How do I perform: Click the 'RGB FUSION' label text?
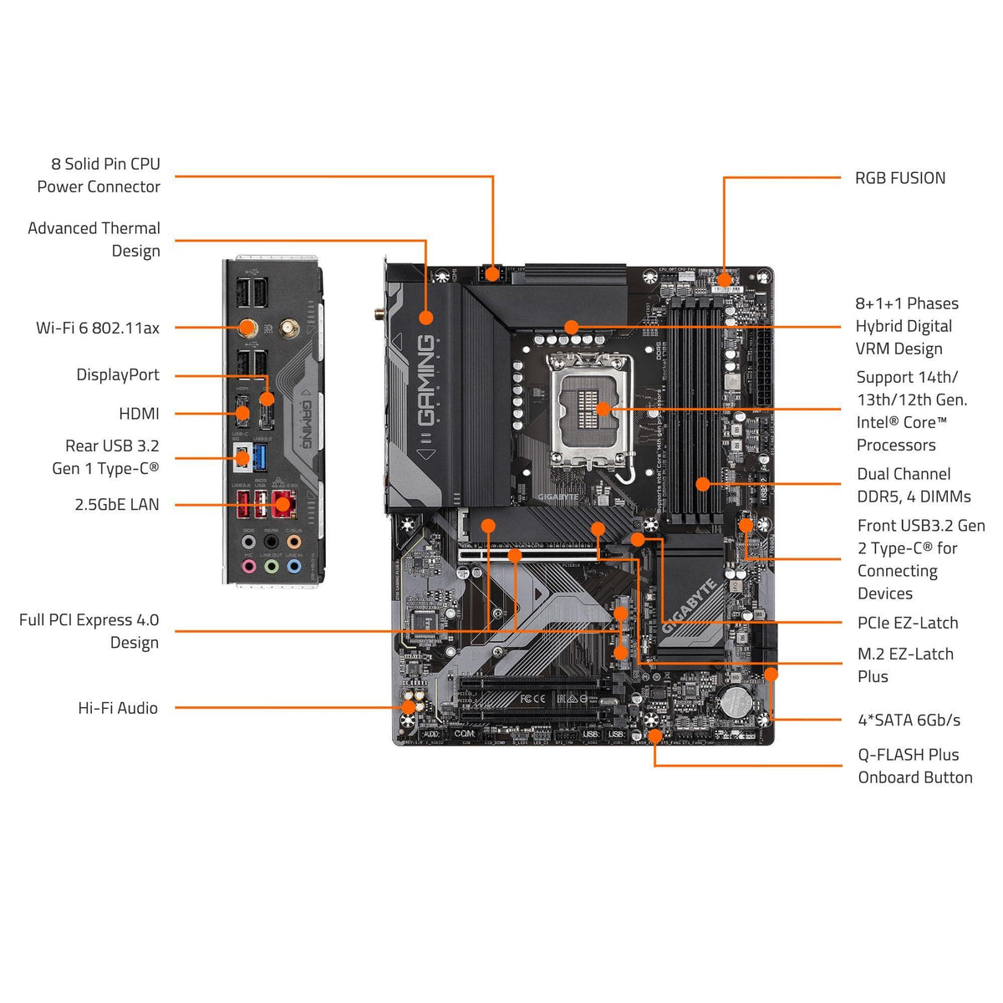point(899,178)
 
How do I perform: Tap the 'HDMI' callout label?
point(139,414)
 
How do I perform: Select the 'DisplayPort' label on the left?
point(118,375)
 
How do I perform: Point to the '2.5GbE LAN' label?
point(116,505)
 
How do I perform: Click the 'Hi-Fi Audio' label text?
point(118,708)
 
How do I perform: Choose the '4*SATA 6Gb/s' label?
point(909,720)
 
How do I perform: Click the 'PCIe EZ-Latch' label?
point(908,623)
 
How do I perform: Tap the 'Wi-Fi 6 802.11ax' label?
point(98,328)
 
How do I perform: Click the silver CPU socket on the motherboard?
point(589,410)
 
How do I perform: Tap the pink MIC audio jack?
point(248,566)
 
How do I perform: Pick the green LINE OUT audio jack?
point(271,566)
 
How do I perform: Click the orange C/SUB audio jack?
point(293,542)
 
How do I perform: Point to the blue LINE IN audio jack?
point(293,566)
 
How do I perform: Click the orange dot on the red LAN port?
point(283,504)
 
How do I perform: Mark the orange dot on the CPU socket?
point(603,409)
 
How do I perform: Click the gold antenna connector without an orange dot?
point(288,328)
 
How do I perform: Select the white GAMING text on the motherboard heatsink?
point(425,380)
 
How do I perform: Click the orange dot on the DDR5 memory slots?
point(703,483)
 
